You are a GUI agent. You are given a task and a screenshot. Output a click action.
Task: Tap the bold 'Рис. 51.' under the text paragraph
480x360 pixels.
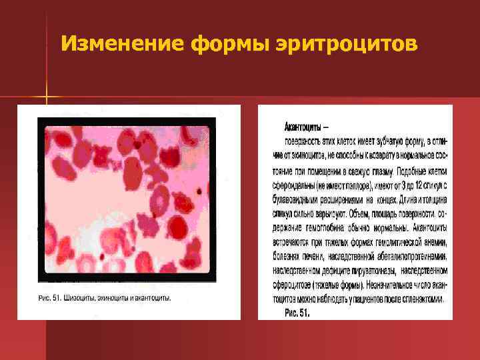(297, 312)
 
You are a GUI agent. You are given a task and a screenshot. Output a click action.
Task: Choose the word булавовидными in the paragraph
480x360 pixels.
(302, 199)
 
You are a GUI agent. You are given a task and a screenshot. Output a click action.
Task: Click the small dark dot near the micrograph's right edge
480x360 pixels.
(199, 191)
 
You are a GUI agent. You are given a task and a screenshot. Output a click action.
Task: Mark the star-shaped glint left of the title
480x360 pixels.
(47, 99)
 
